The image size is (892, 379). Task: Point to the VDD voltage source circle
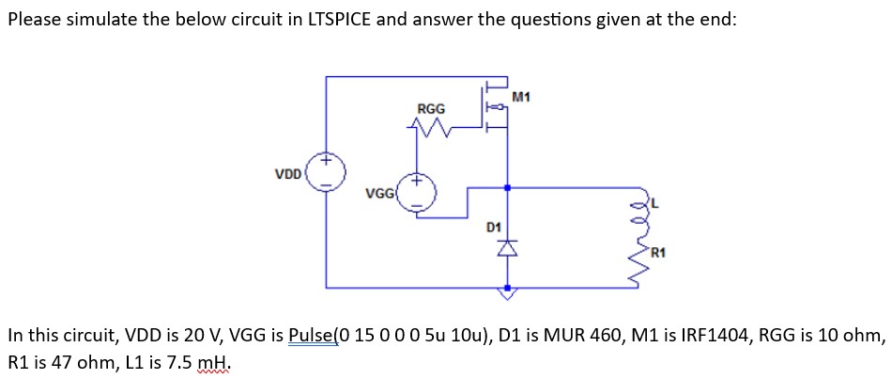tap(328, 173)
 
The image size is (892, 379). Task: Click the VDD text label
tap(288, 174)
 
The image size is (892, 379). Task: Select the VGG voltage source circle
tap(417, 191)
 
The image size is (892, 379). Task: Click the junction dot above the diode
tap(507, 188)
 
